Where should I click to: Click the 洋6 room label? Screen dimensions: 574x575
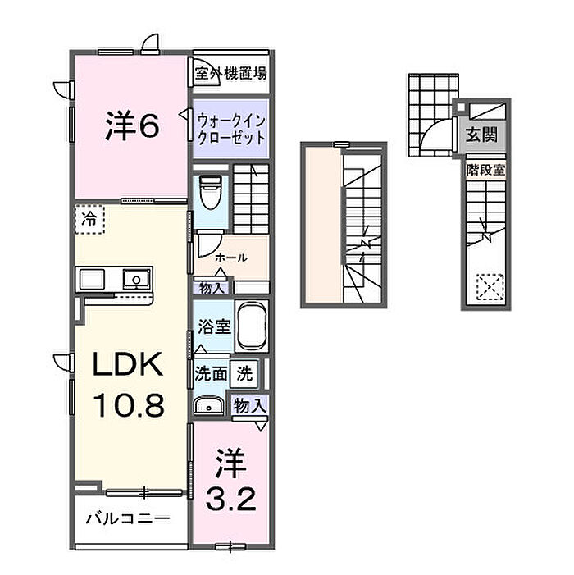point(132,126)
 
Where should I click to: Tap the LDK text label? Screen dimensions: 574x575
point(128,364)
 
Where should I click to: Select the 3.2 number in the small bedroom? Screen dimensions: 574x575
point(231,499)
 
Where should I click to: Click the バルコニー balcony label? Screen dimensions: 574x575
point(128,518)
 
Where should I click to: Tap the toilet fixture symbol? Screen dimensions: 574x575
point(211,192)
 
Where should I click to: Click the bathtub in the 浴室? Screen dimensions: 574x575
point(252,326)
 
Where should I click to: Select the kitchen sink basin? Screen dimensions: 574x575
point(136,280)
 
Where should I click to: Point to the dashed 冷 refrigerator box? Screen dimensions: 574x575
point(90,219)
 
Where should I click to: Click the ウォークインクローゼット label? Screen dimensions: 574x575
point(231,129)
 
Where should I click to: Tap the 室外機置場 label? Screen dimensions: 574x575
point(230,73)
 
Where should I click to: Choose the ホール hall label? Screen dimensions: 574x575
point(231,258)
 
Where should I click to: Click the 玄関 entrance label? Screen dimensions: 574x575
point(481,135)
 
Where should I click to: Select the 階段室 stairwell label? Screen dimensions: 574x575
point(485,170)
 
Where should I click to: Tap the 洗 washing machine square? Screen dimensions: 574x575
point(244,374)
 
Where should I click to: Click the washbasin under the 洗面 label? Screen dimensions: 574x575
point(209,406)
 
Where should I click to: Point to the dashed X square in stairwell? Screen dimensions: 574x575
point(490,287)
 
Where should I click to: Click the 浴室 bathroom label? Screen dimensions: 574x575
point(214,326)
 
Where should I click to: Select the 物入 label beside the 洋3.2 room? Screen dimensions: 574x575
point(250,406)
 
